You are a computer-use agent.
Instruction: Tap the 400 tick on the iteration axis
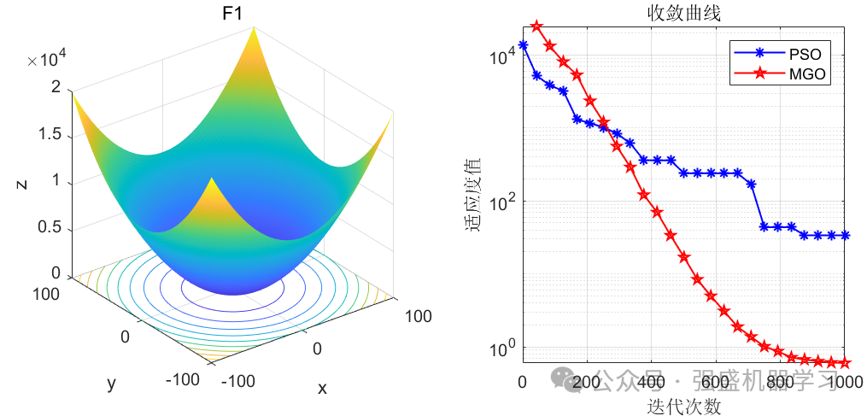[651, 381]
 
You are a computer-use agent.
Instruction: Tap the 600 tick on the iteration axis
[715, 381]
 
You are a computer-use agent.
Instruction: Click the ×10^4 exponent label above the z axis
[46, 59]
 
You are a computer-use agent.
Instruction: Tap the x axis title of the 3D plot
[322, 388]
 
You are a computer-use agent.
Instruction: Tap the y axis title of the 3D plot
[111, 384]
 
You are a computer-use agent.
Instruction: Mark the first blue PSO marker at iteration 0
[523, 45]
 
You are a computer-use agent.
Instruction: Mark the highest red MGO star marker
[536, 26]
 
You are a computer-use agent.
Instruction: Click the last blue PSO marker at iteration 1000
[846, 235]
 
